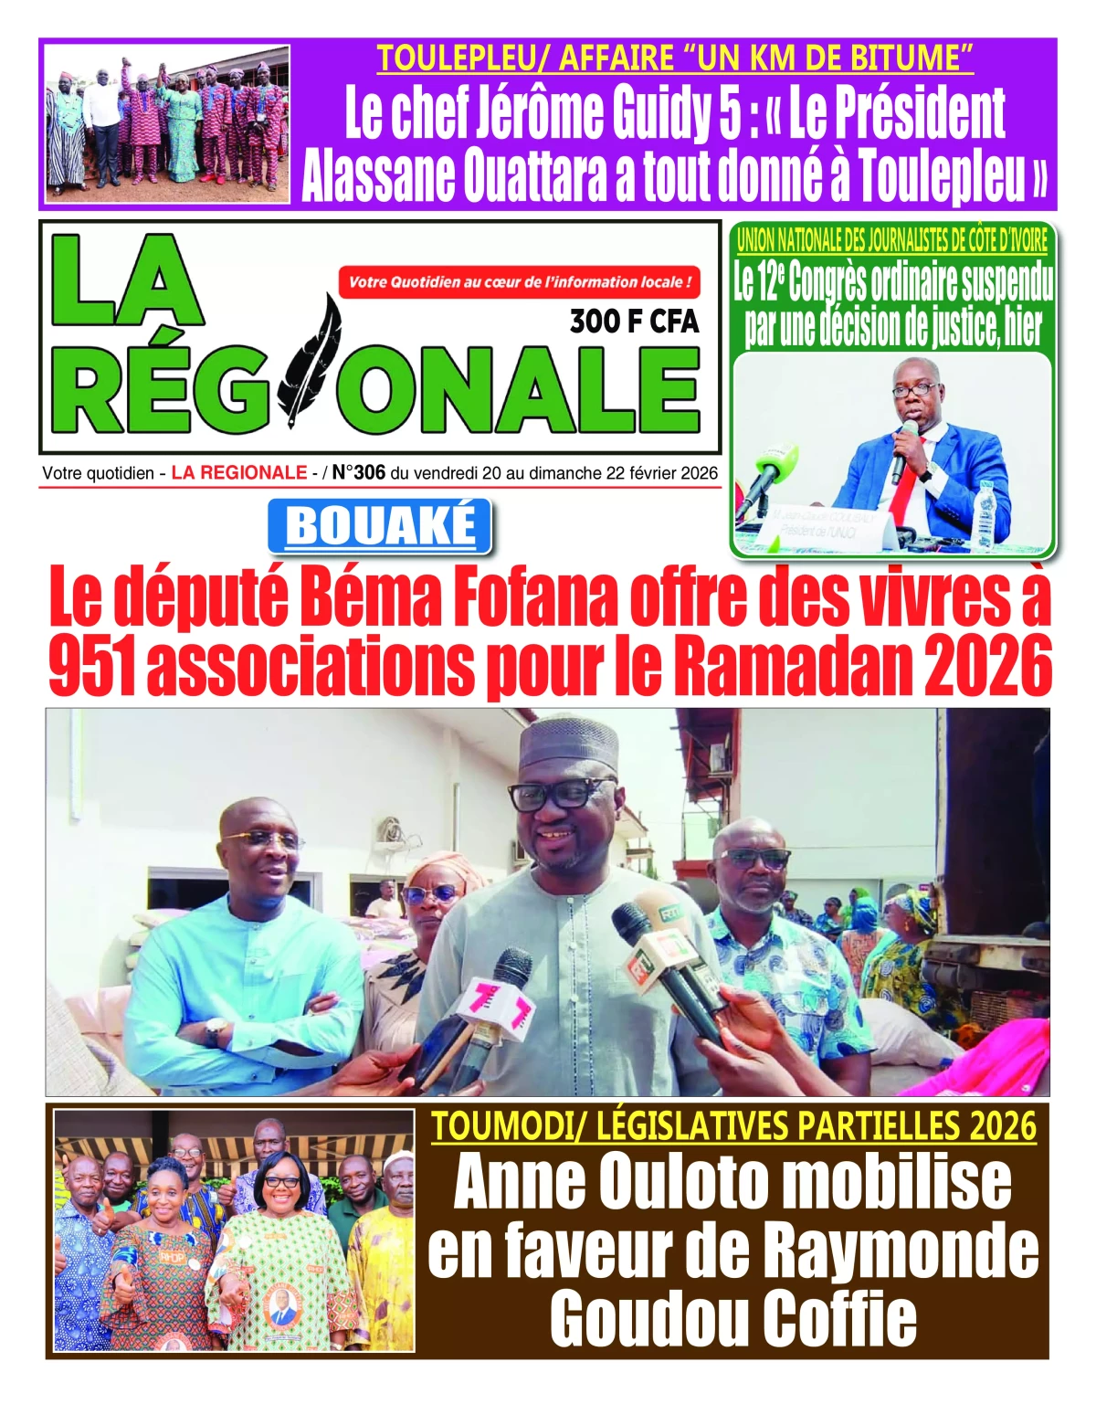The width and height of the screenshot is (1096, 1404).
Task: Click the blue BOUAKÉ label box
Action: coord(380,527)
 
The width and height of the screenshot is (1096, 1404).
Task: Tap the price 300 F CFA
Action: coord(634,322)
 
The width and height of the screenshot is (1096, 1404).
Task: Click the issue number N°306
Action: coord(359,473)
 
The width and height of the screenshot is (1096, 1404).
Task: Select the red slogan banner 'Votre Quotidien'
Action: coord(519,282)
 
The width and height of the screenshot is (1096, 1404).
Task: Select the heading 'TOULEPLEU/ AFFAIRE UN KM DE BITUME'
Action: coord(675,58)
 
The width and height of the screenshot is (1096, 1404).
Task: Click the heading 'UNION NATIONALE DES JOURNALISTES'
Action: coord(892,240)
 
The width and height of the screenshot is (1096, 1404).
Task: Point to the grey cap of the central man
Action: coord(567,743)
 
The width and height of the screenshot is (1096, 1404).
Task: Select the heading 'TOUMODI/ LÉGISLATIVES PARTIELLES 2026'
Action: coord(733,1125)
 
